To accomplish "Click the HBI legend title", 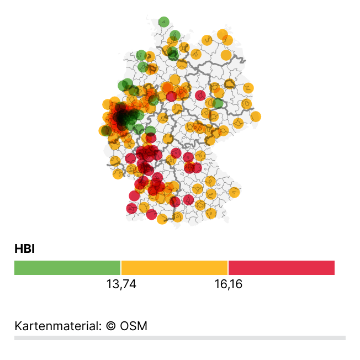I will coord(24,249).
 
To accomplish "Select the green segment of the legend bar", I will coord(67,268).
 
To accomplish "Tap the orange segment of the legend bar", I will coord(174,268).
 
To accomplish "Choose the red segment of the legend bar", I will coord(281,268).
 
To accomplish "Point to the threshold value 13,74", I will coord(121,284).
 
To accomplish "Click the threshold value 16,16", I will coord(228,284).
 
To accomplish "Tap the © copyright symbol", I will coord(110,326).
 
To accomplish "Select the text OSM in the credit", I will coord(134,326).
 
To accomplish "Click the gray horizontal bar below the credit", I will coord(180,337).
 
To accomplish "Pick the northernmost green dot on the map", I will coord(163,22).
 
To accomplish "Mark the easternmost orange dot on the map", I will coord(255,117).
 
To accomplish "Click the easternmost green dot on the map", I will coord(218,103).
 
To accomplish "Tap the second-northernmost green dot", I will coord(175,35).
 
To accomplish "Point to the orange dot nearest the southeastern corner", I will coord(235,192).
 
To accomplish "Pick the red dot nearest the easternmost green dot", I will coord(200,96).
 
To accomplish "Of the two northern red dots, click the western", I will coord(171,97).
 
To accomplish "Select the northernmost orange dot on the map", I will coord(222,34).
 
